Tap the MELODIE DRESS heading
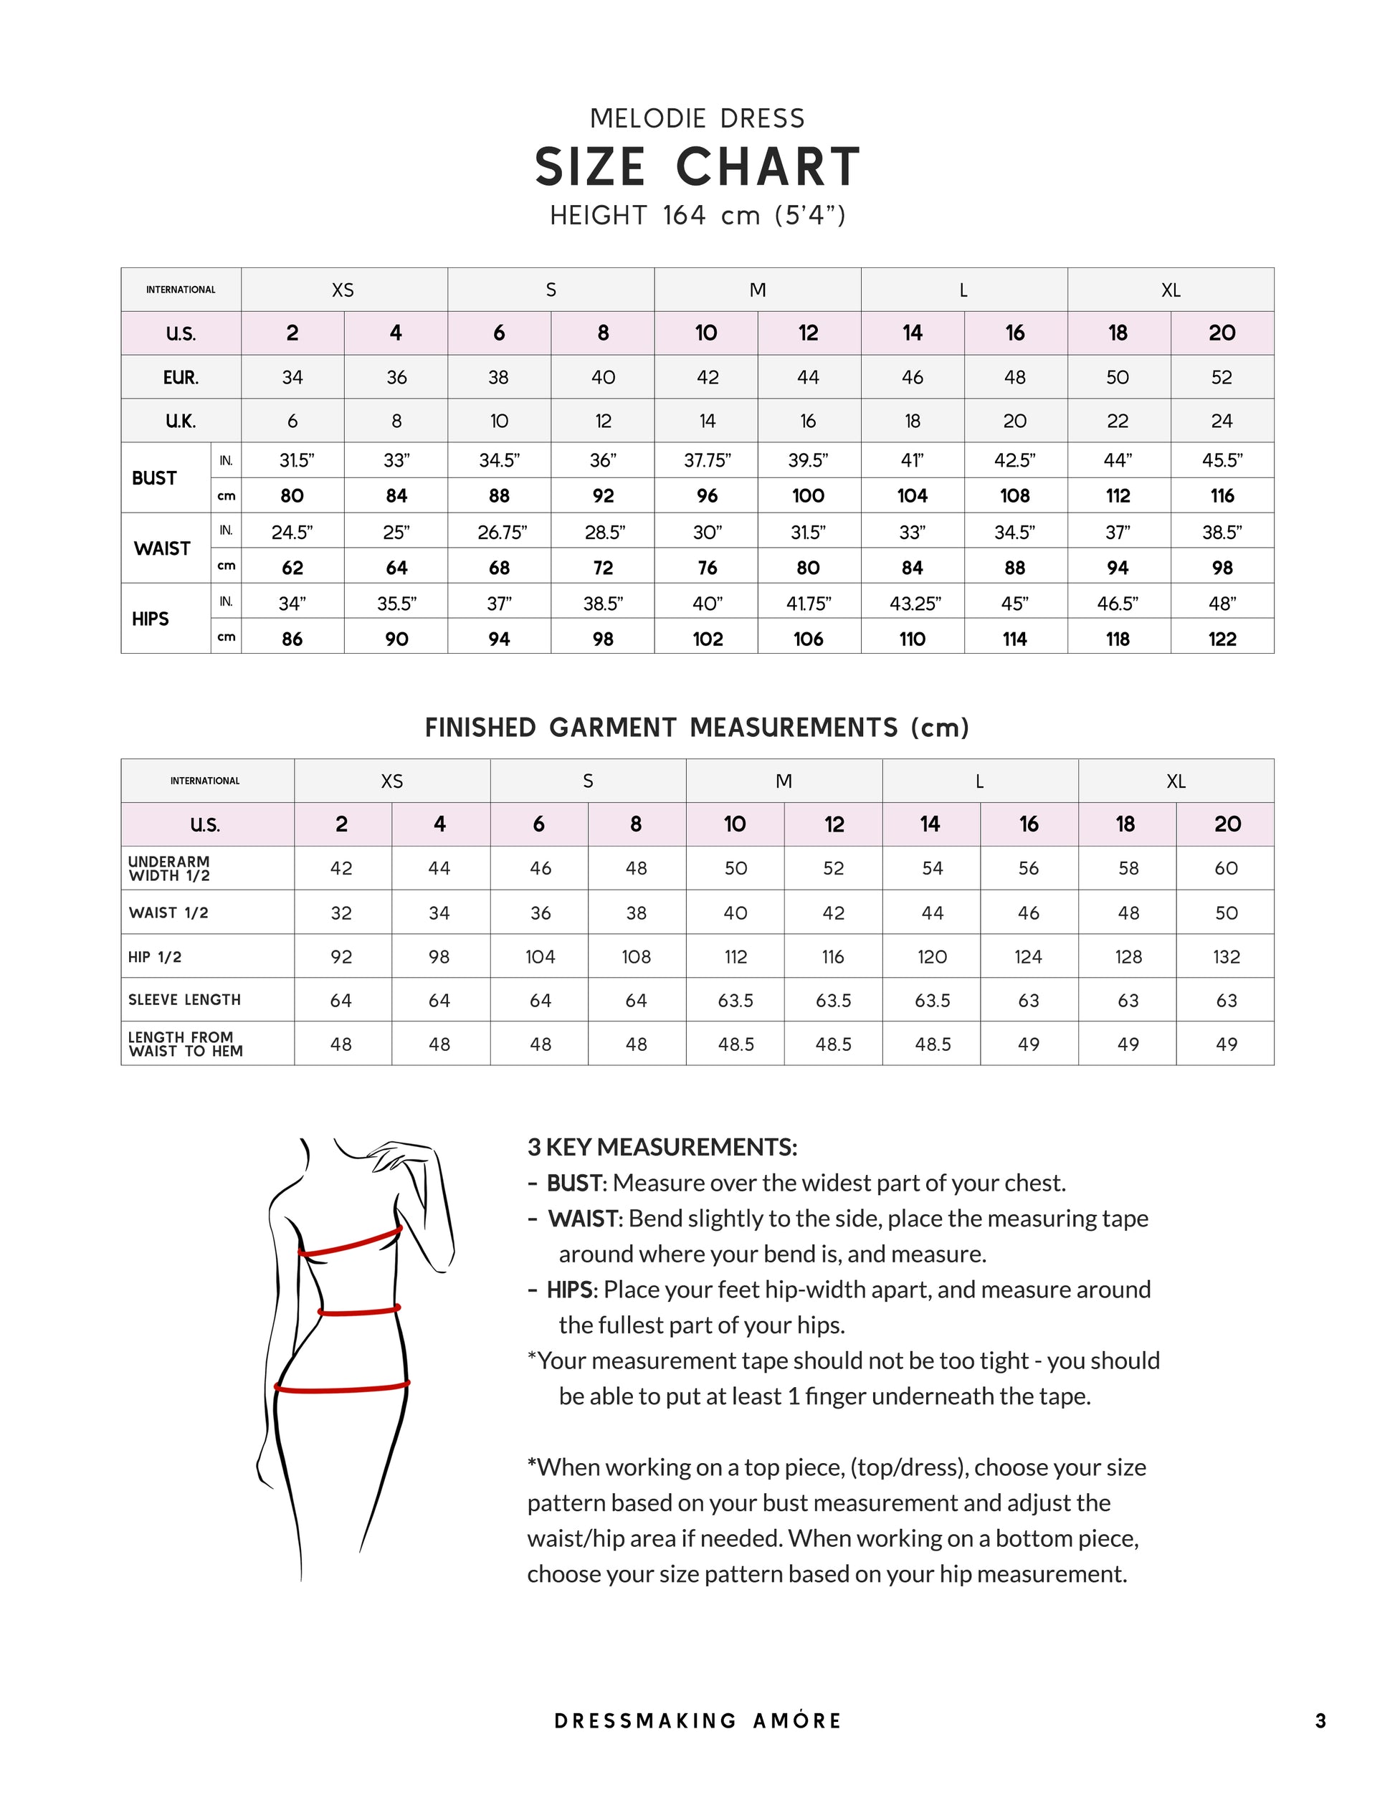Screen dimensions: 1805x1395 pyautogui.click(x=697, y=119)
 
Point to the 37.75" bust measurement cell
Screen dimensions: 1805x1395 pyautogui.click(x=707, y=460)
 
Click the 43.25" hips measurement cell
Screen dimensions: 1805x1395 pyautogui.click(x=914, y=604)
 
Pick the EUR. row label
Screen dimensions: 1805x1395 pyautogui.click(x=181, y=378)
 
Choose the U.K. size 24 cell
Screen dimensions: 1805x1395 pyautogui.click(x=1222, y=421)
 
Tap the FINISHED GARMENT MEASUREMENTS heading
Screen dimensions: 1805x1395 pyautogui.click(x=697, y=728)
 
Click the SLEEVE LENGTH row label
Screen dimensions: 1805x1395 pyautogui.click(x=184, y=1000)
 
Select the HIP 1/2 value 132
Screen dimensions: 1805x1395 pyautogui.click(x=1227, y=957)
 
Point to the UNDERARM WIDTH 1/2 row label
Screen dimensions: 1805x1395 pyautogui.click(x=168, y=869)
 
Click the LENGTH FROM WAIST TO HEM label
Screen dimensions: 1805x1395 pyautogui.click(x=185, y=1044)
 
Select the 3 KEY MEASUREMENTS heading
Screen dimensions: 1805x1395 pyautogui.click(x=662, y=1147)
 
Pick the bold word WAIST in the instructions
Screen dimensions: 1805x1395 pyautogui.click(x=584, y=1219)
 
